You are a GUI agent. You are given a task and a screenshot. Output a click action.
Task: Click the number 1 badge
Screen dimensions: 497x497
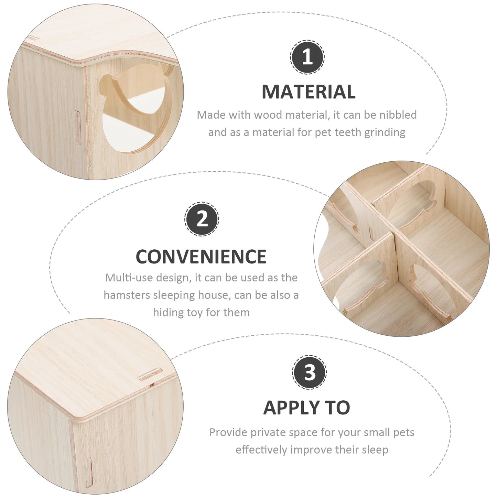point(307,57)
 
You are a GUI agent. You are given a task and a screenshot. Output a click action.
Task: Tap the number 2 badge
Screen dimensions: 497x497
point(202,219)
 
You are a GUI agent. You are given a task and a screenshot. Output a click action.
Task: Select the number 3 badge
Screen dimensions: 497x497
point(309,372)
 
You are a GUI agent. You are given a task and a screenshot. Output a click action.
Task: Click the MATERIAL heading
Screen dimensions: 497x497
point(309,92)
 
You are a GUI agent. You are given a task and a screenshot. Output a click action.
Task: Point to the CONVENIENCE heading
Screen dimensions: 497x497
point(201,256)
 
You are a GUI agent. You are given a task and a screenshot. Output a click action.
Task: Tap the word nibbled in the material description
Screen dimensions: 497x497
point(398,115)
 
